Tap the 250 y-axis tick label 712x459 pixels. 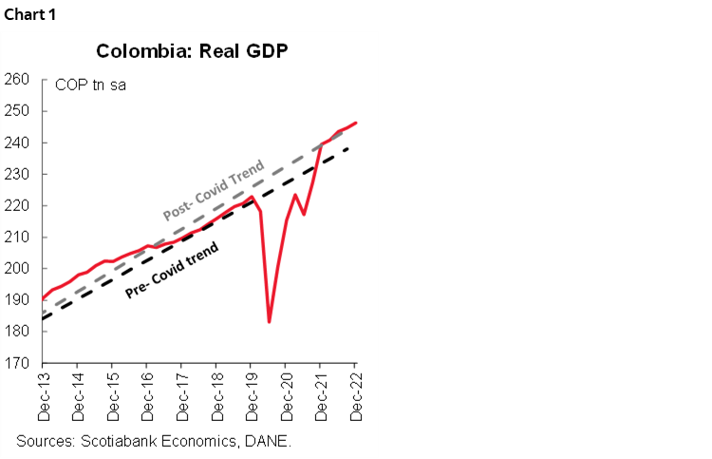pos(18,111)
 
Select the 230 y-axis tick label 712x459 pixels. pos(18,174)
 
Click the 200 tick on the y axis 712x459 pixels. pos(18,268)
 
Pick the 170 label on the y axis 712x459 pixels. pos(18,362)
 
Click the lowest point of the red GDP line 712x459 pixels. pos(270,321)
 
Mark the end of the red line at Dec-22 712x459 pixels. pos(355,123)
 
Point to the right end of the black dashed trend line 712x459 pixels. pos(355,147)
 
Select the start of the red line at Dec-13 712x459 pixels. pos(43,298)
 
